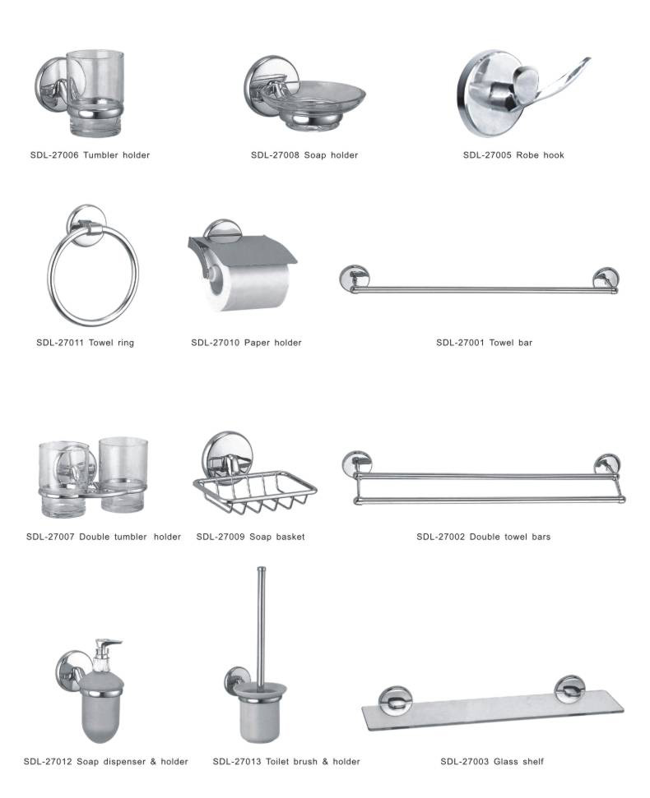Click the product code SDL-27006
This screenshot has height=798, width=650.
pyautogui.click(x=54, y=155)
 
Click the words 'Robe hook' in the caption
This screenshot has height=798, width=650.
pyautogui.click(x=540, y=155)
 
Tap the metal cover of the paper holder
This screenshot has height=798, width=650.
pyautogui.click(x=242, y=251)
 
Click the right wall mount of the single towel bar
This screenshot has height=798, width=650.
pyautogui.click(x=606, y=279)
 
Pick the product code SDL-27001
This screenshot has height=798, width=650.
pyautogui.click(x=460, y=343)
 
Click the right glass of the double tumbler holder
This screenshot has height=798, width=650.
pyautogui.click(x=123, y=474)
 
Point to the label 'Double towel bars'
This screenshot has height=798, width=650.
pyautogui.click(x=510, y=537)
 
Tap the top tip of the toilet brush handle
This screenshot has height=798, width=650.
pyautogui.click(x=262, y=569)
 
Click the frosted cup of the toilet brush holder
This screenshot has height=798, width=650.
pyautogui.click(x=259, y=713)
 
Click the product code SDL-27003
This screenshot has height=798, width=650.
pyautogui.click(x=465, y=761)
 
